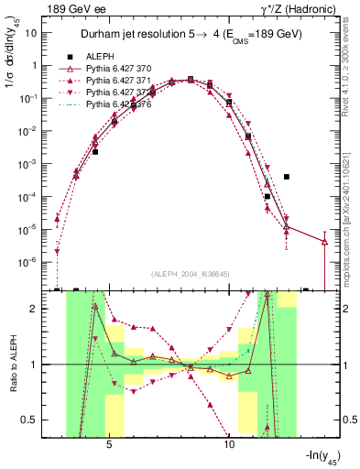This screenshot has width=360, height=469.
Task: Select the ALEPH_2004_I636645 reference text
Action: coord(191,274)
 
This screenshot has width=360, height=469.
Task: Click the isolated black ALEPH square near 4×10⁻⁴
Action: coord(287,177)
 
